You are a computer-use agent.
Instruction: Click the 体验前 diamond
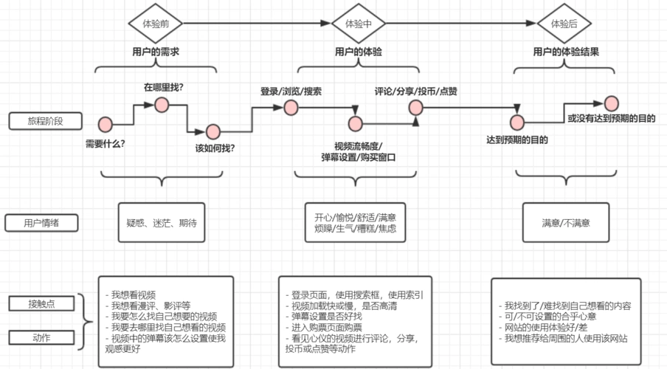[x=156, y=24]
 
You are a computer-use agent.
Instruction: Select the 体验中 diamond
[x=359, y=24]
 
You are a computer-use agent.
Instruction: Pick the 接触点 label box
[x=41, y=303]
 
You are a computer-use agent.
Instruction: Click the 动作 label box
[x=41, y=337]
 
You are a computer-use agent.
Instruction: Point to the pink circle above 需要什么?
[x=105, y=124]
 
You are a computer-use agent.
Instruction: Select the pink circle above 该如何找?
[x=213, y=131]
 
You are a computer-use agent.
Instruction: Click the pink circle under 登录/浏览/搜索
[x=290, y=107]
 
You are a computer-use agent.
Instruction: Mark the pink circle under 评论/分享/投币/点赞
[x=416, y=107]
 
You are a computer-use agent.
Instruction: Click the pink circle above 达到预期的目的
[x=516, y=122]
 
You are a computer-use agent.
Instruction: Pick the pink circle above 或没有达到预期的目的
[x=611, y=103]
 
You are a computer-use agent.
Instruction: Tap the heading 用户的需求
[x=156, y=52]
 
